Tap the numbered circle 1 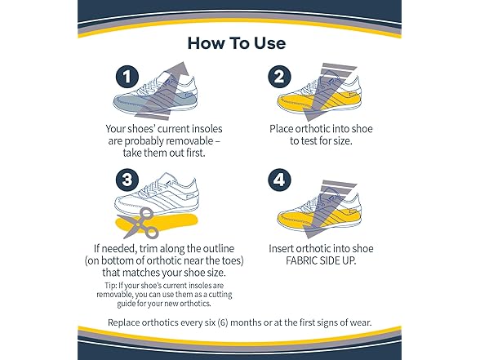tap(127, 78)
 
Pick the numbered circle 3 tap(127, 179)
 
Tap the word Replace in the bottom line tap(129, 322)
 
